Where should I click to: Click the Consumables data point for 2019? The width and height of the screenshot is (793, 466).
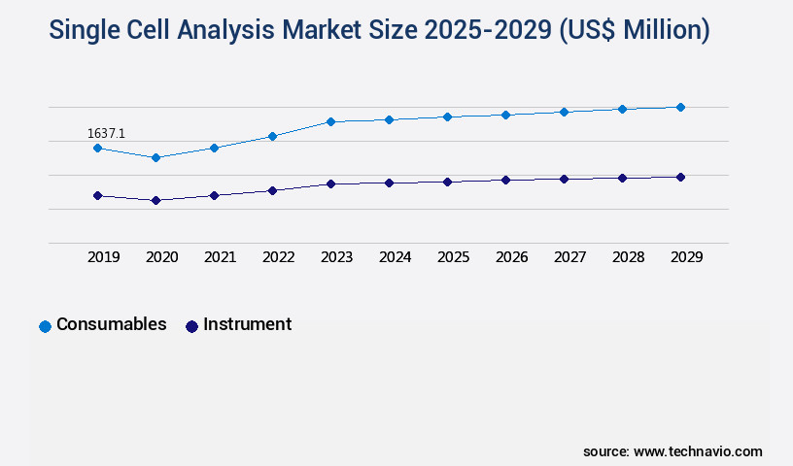pyautogui.click(x=97, y=148)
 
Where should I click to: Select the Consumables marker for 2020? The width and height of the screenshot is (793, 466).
pyautogui.click(x=155, y=157)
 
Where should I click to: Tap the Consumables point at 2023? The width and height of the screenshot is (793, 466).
pyautogui.click(x=330, y=121)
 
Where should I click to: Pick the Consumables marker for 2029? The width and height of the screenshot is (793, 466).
pyautogui.click(x=680, y=107)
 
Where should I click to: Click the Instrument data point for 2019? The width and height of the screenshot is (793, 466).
pyautogui.click(x=97, y=195)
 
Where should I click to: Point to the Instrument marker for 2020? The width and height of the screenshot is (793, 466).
pyautogui.click(x=155, y=200)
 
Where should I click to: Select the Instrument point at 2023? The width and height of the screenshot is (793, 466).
pyautogui.click(x=330, y=183)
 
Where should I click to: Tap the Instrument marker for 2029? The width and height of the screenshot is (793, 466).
pyautogui.click(x=680, y=177)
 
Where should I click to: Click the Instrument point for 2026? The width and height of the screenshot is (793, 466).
pyautogui.click(x=505, y=180)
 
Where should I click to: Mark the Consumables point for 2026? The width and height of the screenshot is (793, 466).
pyautogui.click(x=505, y=115)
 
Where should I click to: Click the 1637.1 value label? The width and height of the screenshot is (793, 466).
pyautogui.click(x=106, y=133)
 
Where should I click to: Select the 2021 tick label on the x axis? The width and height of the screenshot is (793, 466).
pyautogui.click(x=220, y=257)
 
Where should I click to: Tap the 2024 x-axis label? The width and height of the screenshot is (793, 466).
pyautogui.click(x=395, y=257)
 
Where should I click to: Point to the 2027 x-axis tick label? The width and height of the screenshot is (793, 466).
pyautogui.click(x=569, y=257)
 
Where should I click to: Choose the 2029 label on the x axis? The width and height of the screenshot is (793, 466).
pyautogui.click(x=686, y=257)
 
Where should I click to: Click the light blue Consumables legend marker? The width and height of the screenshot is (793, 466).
pyautogui.click(x=45, y=326)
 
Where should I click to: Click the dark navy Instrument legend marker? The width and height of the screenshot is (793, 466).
pyautogui.click(x=191, y=326)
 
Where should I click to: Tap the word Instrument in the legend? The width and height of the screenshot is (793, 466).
pyautogui.click(x=247, y=324)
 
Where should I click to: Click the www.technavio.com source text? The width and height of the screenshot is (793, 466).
pyautogui.click(x=698, y=451)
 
